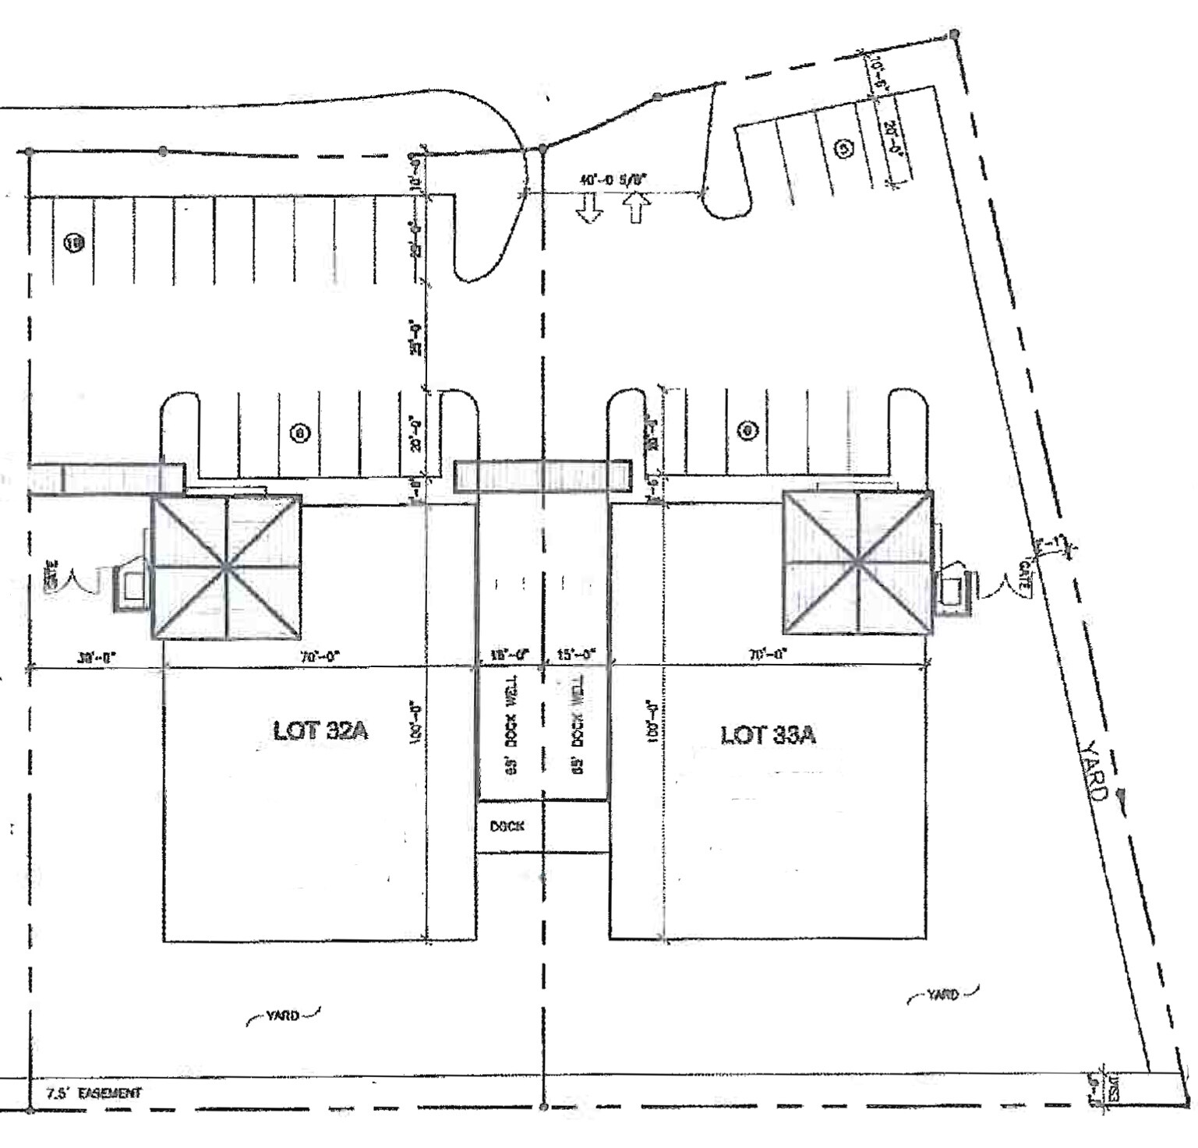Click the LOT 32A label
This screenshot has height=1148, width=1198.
tap(320, 730)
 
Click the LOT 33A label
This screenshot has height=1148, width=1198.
tap(768, 735)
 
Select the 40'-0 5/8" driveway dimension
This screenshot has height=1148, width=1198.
tap(614, 180)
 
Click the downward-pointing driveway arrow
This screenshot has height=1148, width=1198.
tap(588, 208)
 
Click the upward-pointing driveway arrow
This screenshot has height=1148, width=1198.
tap(637, 208)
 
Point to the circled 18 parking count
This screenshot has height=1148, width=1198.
tap(76, 243)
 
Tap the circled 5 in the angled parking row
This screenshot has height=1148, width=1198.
tap(843, 149)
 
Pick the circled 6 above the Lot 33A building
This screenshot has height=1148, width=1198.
tap(747, 429)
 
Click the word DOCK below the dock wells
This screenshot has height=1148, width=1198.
tap(507, 826)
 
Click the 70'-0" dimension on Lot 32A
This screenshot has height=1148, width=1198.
tap(320, 657)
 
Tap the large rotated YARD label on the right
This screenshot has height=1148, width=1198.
tap(1094, 771)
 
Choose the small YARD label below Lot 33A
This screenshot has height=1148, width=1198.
tap(942, 995)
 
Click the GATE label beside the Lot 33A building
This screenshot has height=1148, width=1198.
tap(1024, 578)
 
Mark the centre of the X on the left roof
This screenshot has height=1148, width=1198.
tap(226, 567)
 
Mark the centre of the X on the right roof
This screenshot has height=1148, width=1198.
tap(858, 561)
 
